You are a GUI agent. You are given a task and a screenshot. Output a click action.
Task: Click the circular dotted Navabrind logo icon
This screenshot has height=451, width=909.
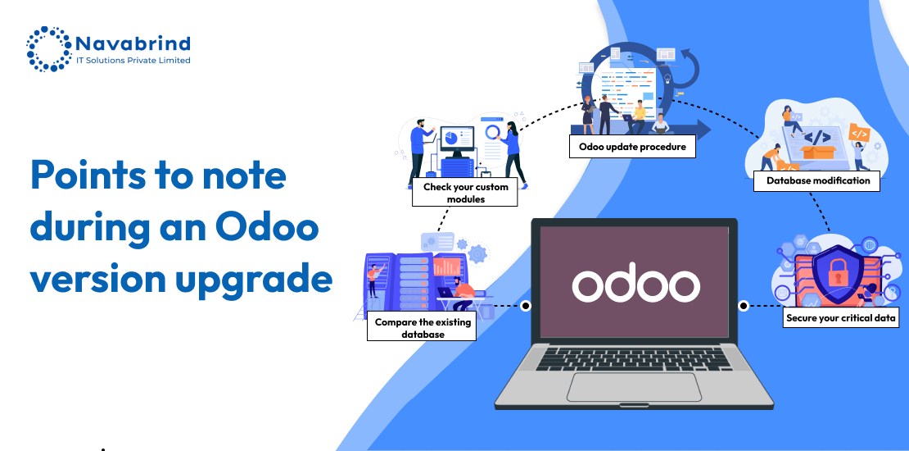(x=49, y=48)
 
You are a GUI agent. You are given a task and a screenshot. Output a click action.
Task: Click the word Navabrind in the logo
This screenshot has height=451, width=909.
(x=133, y=43)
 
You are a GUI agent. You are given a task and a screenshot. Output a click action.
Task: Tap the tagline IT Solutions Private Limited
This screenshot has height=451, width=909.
(x=133, y=61)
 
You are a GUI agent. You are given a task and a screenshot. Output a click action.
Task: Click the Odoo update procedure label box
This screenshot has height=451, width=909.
(x=632, y=147)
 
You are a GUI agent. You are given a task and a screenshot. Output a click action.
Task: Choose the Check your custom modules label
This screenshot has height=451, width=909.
(x=465, y=193)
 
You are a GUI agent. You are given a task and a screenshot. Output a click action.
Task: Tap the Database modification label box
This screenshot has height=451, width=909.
(x=816, y=180)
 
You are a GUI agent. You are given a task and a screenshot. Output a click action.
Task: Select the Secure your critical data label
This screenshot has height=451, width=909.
(x=840, y=317)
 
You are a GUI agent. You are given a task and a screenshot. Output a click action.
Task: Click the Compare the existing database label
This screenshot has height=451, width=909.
(x=422, y=328)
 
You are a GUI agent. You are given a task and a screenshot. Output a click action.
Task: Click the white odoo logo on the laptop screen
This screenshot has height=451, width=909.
(x=636, y=285)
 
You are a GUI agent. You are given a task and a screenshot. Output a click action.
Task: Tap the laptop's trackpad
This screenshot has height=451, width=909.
(x=634, y=387)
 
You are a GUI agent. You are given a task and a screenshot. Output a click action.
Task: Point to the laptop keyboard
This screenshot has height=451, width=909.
(x=634, y=358)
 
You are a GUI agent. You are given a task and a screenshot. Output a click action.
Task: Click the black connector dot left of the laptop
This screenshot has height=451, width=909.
(x=526, y=305)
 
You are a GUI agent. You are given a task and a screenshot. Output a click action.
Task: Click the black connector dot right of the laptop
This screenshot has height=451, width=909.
(x=744, y=305)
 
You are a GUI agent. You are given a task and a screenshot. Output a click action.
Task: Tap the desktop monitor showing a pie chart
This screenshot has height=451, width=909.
(x=457, y=140)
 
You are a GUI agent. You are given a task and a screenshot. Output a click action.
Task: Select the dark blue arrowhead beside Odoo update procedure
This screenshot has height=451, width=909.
(x=703, y=130)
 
